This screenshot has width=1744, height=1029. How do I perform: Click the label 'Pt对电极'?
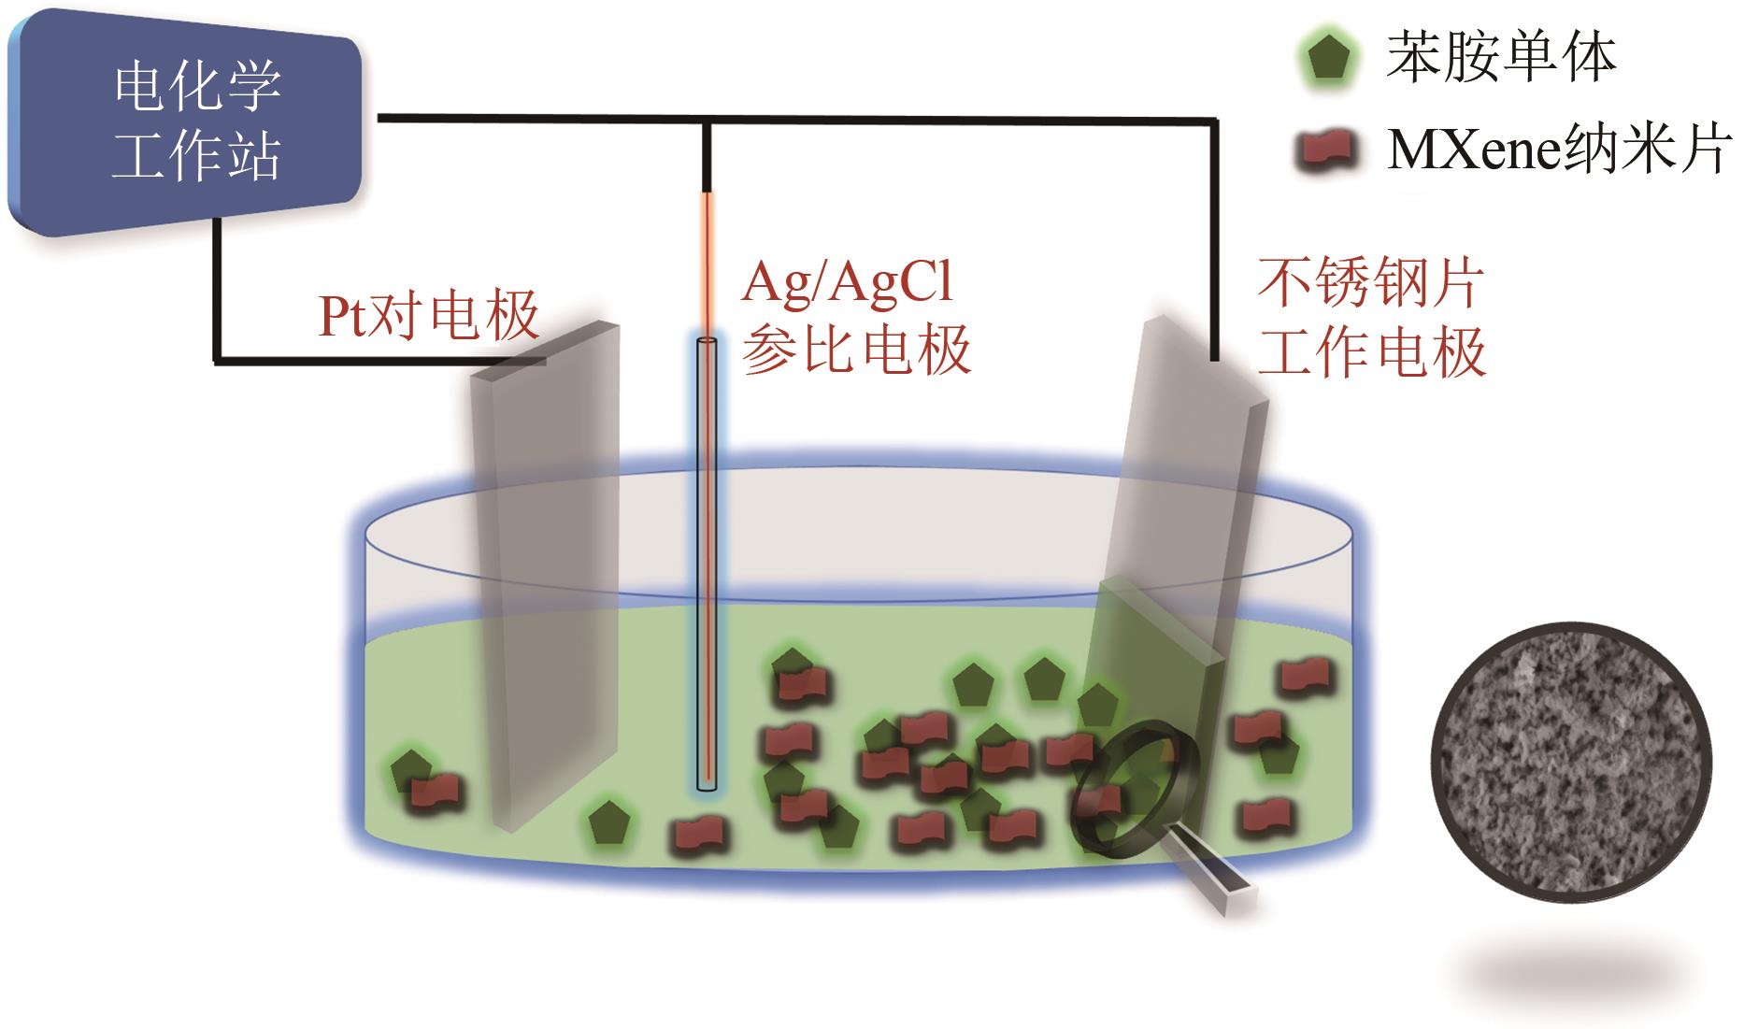tap(429, 315)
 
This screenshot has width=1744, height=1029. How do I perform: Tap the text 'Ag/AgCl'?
tap(848, 282)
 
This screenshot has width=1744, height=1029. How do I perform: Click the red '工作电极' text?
tap(1371, 352)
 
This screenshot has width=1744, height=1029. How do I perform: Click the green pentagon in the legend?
tap(1328, 58)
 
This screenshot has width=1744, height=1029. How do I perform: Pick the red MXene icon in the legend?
tap(1328, 150)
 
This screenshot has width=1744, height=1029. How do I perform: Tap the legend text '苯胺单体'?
tap(1501, 56)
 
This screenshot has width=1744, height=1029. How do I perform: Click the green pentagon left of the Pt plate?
tap(407, 770)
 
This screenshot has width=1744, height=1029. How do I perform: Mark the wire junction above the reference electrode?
tap(708, 120)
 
